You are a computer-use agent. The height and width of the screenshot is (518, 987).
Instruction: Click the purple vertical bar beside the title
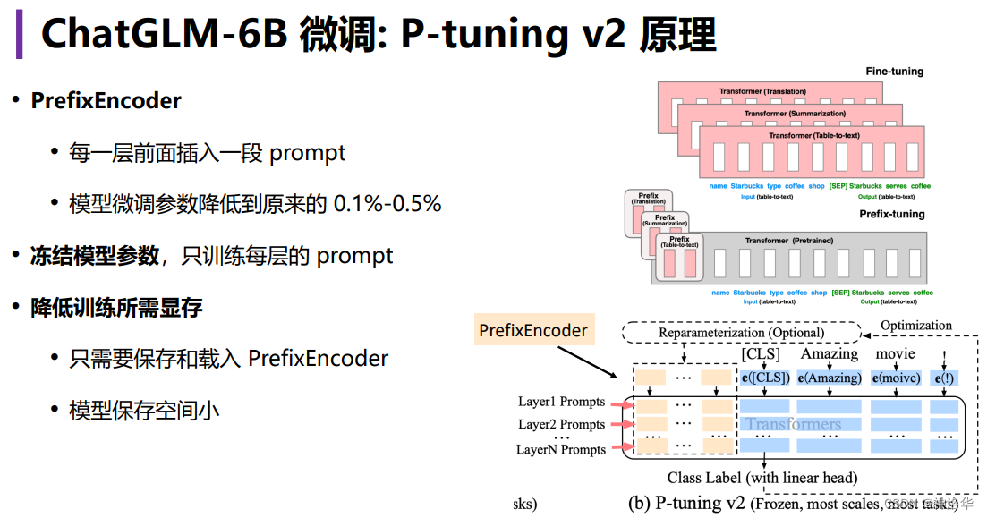tap(19, 34)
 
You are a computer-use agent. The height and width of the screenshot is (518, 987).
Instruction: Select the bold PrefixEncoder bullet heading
tap(106, 101)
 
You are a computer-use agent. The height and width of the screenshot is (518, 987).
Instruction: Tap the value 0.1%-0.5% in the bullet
tap(387, 204)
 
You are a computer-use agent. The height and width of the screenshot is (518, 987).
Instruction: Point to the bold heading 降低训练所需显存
tap(116, 308)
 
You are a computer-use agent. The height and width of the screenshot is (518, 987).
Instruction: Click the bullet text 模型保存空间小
tap(144, 411)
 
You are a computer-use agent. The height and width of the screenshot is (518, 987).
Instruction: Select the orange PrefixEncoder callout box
tap(533, 331)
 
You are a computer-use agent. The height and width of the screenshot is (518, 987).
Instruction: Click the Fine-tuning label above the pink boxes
tap(894, 72)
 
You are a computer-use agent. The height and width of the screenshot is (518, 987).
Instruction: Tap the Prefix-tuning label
tap(890, 215)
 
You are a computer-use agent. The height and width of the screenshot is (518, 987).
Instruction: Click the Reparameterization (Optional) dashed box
tap(741, 333)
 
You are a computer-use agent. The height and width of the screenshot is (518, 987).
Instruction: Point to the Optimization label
tap(916, 326)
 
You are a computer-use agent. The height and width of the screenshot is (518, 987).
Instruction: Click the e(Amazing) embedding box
tap(830, 378)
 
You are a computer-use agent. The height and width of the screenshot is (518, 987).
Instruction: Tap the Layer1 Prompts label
tap(561, 402)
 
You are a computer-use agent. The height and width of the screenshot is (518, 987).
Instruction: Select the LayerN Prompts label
tap(561, 449)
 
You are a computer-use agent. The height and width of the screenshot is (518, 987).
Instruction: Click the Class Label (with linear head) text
tap(762, 478)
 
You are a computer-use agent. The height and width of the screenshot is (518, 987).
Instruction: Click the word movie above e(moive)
tap(895, 354)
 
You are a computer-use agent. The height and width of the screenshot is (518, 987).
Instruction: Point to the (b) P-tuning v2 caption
tap(686, 503)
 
